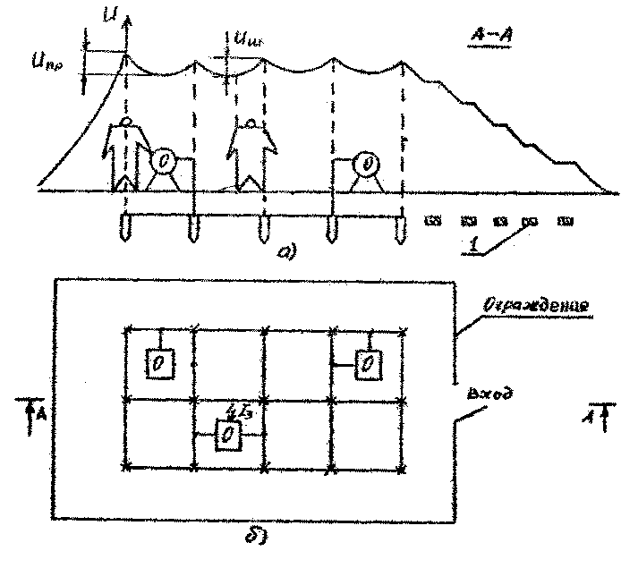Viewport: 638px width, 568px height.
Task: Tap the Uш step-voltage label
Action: (243, 39)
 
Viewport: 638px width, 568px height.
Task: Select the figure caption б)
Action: (256, 538)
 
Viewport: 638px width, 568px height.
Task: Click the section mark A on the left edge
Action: (30, 410)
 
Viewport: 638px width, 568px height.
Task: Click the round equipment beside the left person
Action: (165, 162)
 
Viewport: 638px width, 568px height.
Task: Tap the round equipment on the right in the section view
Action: (366, 165)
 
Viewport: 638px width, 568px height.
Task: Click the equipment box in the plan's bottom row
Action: (229, 435)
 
